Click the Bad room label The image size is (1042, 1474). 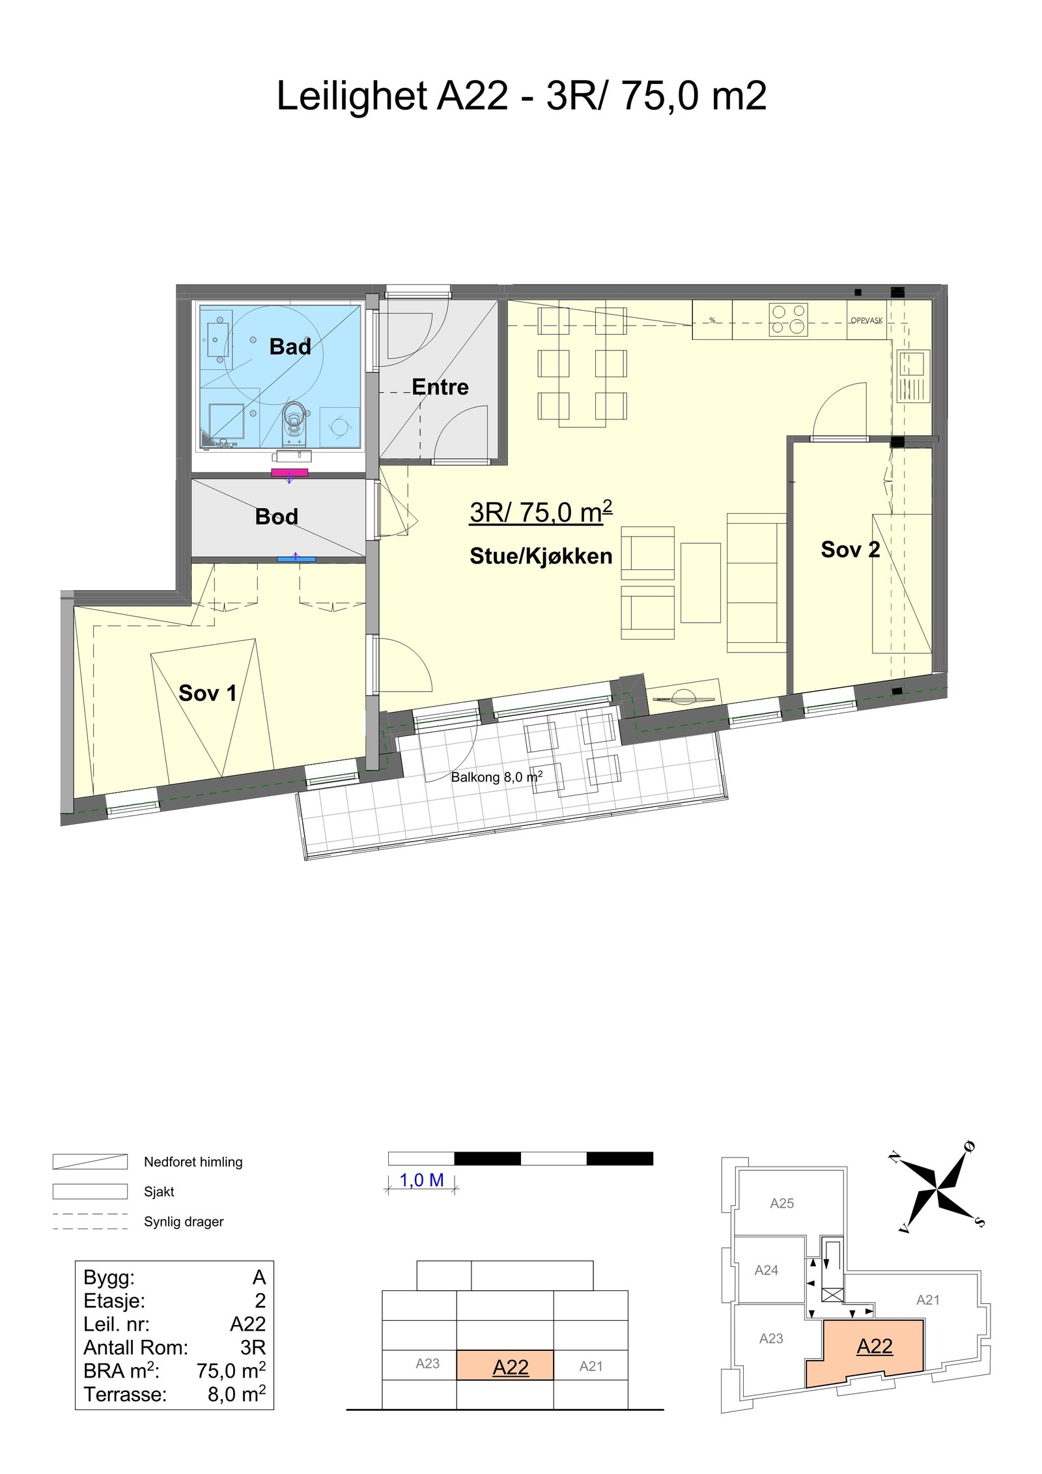[x=290, y=347]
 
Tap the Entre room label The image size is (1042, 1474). [x=440, y=387]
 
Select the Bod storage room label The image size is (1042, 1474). [x=276, y=517]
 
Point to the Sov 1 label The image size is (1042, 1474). [x=207, y=693]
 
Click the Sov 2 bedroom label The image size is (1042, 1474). [x=850, y=550]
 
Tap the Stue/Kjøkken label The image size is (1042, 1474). [x=541, y=556]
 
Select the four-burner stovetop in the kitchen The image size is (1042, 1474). [x=789, y=320]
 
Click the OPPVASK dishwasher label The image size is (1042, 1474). [x=866, y=320]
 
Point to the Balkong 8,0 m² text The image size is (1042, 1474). [x=497, y=777]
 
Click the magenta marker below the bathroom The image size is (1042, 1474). [x=289, y=472]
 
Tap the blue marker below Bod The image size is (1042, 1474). [x=296, y=558]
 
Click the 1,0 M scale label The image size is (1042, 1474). [x=421, y=1180]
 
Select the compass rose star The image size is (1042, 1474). [x=938, y=1189]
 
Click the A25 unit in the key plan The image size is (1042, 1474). [x=781, y=1204]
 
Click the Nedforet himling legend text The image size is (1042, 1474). [x=193, y=1162]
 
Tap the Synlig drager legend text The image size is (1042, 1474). [x=184, y=1222]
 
